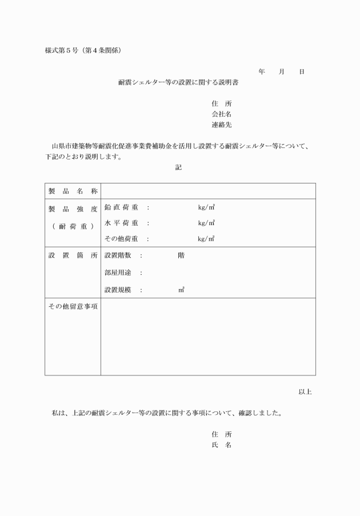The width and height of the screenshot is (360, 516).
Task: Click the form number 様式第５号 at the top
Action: pos(64,50)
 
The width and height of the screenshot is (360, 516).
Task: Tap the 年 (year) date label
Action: pos(262,72)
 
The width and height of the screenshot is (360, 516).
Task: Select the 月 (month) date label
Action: pos(282,72)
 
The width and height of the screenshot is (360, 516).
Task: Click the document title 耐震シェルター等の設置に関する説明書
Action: pos(178,83)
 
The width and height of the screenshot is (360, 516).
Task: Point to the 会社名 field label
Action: pos(221,114)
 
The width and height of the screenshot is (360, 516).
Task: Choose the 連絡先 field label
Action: pos(221,125)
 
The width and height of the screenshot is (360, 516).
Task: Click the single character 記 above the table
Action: pos(179,167)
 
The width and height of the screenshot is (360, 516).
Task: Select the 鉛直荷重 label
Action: pos(121,207)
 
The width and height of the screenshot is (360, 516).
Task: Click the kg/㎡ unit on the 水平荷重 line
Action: pos(206,223)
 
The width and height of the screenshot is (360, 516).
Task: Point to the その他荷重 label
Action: pos(121,239)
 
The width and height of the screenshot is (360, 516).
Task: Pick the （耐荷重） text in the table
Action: pos(73,226)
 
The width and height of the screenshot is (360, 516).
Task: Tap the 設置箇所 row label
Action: pos(73,255)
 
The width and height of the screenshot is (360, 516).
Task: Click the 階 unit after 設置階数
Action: pos(181,255)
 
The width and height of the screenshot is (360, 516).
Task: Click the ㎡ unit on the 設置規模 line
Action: pos(181,290)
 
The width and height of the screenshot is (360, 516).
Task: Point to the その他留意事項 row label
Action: pos(73,307)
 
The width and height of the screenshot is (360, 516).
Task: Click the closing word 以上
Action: pos(305,392)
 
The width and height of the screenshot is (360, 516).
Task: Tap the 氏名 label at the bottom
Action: pos(221,445)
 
